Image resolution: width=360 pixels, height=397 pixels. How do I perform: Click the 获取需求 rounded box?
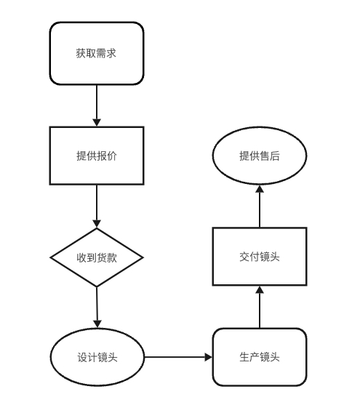pos(97,53)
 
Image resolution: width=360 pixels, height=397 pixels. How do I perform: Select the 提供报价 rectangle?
pos(97,156)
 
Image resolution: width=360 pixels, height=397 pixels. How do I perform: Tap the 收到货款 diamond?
pos(97,257)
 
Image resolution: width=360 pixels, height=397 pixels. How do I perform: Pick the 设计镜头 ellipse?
pos(97,357)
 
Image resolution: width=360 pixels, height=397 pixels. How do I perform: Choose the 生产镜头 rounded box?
pos(260,357)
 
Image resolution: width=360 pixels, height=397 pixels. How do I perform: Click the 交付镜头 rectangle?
pos(260,257)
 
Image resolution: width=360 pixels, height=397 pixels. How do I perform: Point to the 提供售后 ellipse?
pos(260,156)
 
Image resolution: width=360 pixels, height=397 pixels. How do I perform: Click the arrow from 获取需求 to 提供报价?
pos(97,105)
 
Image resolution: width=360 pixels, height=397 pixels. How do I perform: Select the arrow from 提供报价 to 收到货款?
pos(97,206)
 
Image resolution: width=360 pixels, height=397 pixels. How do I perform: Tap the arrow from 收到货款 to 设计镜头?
pos(97,308)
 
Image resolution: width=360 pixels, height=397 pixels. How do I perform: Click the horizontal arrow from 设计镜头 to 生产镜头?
pos(178,357)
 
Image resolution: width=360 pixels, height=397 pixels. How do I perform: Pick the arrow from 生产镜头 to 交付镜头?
pos(260,307)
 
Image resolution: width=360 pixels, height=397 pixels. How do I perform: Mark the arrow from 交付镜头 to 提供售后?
pos(260,206)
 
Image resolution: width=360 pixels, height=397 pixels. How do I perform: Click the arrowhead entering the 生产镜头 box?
pos(208,357)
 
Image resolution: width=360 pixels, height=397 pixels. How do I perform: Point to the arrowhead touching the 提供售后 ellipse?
pos(260,189)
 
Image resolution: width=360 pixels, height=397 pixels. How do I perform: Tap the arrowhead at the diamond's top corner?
pos(97,224)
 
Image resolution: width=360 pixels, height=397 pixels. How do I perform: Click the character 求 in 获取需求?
pos(111,53)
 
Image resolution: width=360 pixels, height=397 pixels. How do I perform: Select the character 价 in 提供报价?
pos(112,156)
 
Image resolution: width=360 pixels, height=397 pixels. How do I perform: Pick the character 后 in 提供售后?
pos(275,156)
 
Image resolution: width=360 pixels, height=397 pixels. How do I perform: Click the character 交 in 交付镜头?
pos(244,257)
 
